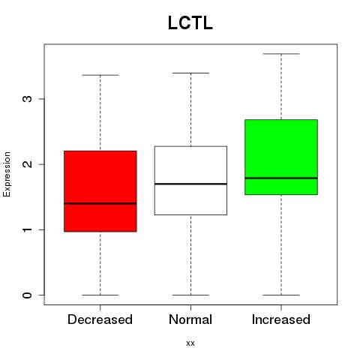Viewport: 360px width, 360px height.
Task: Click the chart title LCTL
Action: [190, 23]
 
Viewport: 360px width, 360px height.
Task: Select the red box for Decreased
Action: [100, 191]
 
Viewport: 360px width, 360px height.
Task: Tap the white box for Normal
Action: [190, 181]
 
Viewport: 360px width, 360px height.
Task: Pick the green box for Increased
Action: [281, 157]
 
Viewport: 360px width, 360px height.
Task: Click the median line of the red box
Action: [100, 203]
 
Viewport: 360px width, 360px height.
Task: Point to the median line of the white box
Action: [190, 184]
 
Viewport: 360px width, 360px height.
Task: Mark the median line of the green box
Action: [281, 178]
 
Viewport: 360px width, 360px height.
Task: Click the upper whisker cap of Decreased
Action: [100, 75]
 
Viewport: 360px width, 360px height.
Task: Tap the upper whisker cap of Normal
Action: [190, 73]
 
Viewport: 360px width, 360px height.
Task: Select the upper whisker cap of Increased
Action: [281, 54]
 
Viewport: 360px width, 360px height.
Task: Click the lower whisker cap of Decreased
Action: [100, 295]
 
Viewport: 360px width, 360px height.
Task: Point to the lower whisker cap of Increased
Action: [281, 295]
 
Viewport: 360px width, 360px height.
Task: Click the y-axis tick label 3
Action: [28, 99]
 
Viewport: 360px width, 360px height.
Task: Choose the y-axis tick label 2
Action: [28, 164]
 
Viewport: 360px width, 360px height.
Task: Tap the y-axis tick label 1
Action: [28, 229]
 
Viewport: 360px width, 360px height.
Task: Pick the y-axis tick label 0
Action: [28, 295]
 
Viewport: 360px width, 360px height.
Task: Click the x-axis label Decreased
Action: [100, 319]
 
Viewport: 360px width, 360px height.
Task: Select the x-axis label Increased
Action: [281, 319]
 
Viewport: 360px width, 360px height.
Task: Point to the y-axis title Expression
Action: [7, 174]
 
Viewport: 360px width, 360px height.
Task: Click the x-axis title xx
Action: [190, 343]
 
